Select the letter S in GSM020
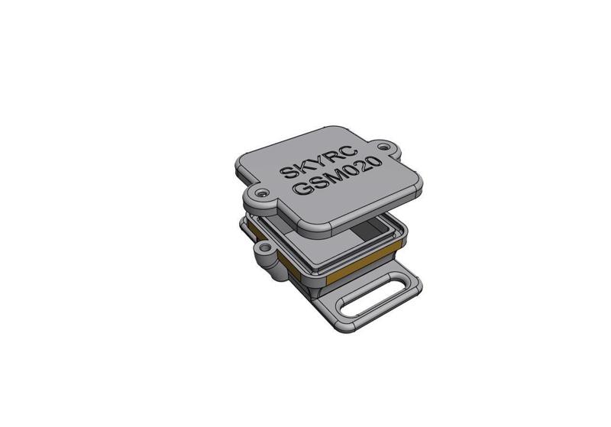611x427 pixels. click(316, 184)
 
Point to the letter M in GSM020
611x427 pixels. click(332, 178)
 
